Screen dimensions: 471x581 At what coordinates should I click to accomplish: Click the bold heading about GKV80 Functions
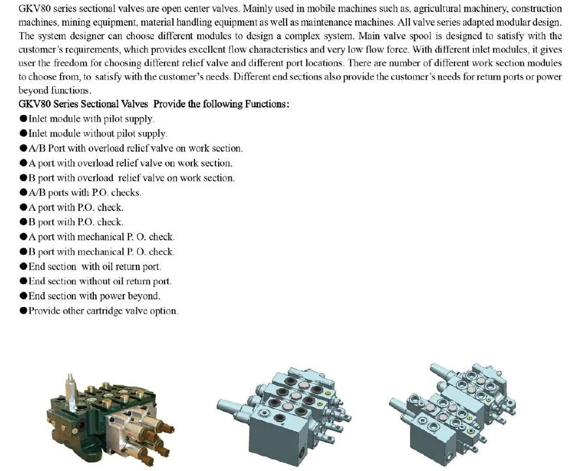(153, 105)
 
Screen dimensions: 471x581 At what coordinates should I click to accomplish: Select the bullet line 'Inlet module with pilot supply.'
(91, 119)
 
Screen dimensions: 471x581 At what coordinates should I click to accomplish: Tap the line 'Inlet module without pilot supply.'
(97, 133)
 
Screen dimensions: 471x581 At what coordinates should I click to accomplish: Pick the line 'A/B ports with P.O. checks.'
(84, 193)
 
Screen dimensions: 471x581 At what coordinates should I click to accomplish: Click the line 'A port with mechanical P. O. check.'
(101, 237)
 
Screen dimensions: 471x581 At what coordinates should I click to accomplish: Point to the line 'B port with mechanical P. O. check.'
(101, 252)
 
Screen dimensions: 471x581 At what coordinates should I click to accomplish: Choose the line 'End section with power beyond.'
(94, 296)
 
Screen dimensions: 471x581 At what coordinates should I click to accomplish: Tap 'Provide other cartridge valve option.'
(102, 311)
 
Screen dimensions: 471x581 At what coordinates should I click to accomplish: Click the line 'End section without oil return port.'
(100, 282)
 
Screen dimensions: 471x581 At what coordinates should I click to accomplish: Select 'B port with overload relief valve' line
(131, 178)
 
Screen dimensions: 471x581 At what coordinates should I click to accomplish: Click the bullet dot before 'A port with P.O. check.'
(23, 208)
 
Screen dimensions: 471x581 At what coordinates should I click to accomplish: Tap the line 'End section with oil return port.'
(95, 267)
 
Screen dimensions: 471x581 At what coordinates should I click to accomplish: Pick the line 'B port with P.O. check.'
(76, 222)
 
